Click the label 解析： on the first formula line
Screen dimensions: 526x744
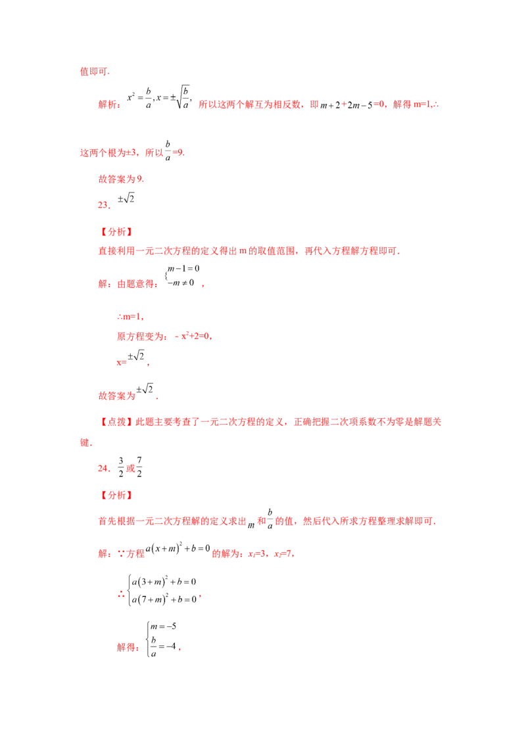pyautogui.click(x=109, y=105)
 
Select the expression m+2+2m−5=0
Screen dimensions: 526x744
pyautogui.click(x=352, y=105)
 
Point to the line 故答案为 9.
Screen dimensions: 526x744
pyautogui.click(x=121, y=179)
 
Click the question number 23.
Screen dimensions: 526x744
pyautogui.click(x=104, y=205)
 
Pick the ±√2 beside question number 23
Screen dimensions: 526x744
pyautogui.click(x=126, y=198)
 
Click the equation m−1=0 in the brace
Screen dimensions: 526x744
pyautogui.click(x=183, y=269)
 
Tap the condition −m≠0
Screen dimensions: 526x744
pyautogui.click(x=181, y=283)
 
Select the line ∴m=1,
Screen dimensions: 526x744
pyautogui.click(x=130, y=317)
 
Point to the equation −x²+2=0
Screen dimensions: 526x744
pyautogui.click(x=193, y=336)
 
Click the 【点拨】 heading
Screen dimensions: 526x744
pyautogui.click(x=116, y=422)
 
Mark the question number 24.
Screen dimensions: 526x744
pyautogui.click(x=104, y=469)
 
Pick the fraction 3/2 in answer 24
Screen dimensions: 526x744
pyautogui.click(x=121, y=467)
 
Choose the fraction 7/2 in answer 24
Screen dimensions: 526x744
pyautogui.click(x=139, y=467)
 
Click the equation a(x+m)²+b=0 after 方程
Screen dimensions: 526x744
pyautogui.click(x=178, y=549)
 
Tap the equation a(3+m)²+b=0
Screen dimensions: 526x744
pyautogui.click(x=164, y=582)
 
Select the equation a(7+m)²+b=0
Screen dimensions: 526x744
pyautogui.click(x=164, y=599)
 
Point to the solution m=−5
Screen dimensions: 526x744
pyautogui.click(x=163, y=626)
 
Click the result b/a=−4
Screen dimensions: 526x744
pyautogui.click(x=163, y=646)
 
